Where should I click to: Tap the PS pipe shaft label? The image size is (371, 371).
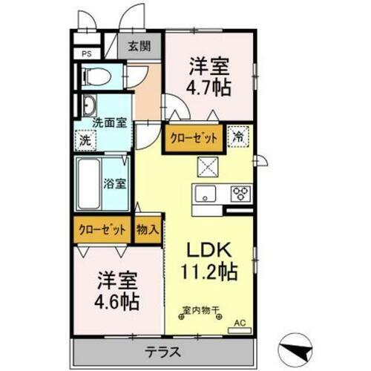click(x=86, y=53)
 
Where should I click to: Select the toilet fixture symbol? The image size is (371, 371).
click(x=96, y=76)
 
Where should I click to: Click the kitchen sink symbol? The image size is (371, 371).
click(x=204, y=194)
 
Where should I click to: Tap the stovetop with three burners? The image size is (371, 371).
click(x=240, y=194)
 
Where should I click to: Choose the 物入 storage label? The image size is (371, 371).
click(x=147, y=230)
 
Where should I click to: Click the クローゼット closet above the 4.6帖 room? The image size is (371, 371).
click(x=102, y=230)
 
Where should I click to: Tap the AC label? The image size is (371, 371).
click(x=240, y=322)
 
